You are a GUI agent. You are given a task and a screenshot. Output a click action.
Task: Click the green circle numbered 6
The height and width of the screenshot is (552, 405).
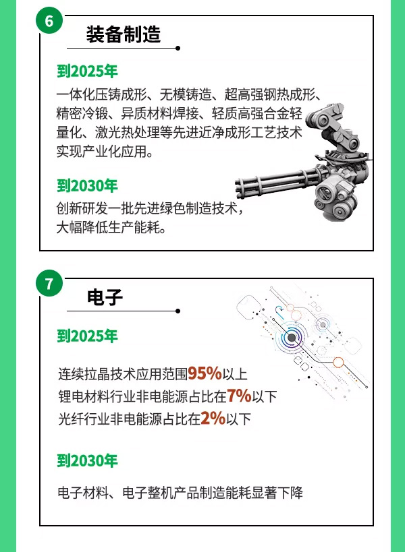click(49, 20)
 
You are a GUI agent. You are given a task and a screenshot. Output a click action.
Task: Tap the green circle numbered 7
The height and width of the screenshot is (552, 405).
click(49, 283)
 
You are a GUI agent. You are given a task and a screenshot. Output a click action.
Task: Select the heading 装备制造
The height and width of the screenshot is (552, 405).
click(124, 34)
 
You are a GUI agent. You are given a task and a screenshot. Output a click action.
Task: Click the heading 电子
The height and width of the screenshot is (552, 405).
click(105, 297)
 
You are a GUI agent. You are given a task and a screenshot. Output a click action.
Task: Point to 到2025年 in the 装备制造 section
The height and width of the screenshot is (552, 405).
click(87, 71)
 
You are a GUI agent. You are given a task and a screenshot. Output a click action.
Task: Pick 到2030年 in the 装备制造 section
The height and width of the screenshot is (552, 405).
click(87, 185)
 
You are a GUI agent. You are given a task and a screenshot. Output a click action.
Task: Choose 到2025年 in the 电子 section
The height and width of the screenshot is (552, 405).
click(87, 336)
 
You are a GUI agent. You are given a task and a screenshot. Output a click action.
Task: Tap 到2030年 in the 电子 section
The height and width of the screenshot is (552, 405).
click(87, 460)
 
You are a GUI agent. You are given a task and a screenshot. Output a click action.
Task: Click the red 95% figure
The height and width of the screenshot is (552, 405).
click(205, 373)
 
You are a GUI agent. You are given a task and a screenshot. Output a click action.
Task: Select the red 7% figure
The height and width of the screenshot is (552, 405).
click(239, 396)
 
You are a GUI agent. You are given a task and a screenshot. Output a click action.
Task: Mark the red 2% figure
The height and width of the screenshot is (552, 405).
click(213, 419)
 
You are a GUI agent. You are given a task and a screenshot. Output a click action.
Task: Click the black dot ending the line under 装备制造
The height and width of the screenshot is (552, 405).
click(178, 49)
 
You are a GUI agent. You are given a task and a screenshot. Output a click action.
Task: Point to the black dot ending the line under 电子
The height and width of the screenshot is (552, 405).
click(178, 311)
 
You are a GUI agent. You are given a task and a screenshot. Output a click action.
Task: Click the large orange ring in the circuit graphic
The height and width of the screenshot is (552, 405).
click(338, 362)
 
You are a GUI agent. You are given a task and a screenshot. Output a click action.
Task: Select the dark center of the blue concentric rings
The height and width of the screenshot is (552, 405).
click(292, 338)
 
